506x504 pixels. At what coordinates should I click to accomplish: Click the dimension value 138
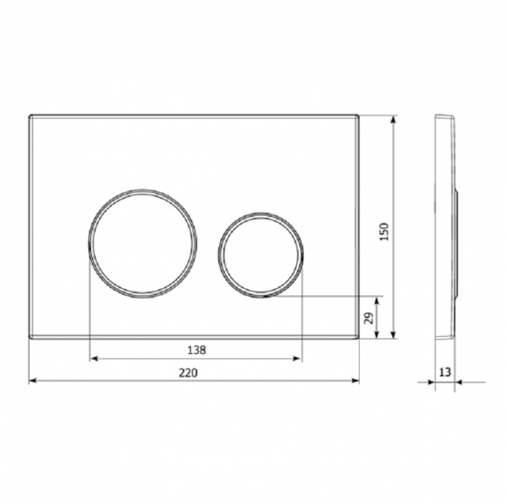point(196,350)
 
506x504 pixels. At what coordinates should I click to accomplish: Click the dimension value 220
point(188,373)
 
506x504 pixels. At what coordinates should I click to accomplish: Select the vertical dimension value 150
point(385,232)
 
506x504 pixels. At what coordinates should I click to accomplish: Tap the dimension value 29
point(370,318)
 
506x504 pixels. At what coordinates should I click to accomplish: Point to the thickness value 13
point(445,372)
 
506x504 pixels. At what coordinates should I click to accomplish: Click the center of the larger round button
point(142,243)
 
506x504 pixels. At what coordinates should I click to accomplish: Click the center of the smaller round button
point(261,255)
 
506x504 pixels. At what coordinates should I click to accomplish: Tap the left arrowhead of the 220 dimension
point(33,381)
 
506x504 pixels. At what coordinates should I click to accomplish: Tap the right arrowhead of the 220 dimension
point(356,381)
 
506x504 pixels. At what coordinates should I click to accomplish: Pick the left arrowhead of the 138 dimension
point(93,359)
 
